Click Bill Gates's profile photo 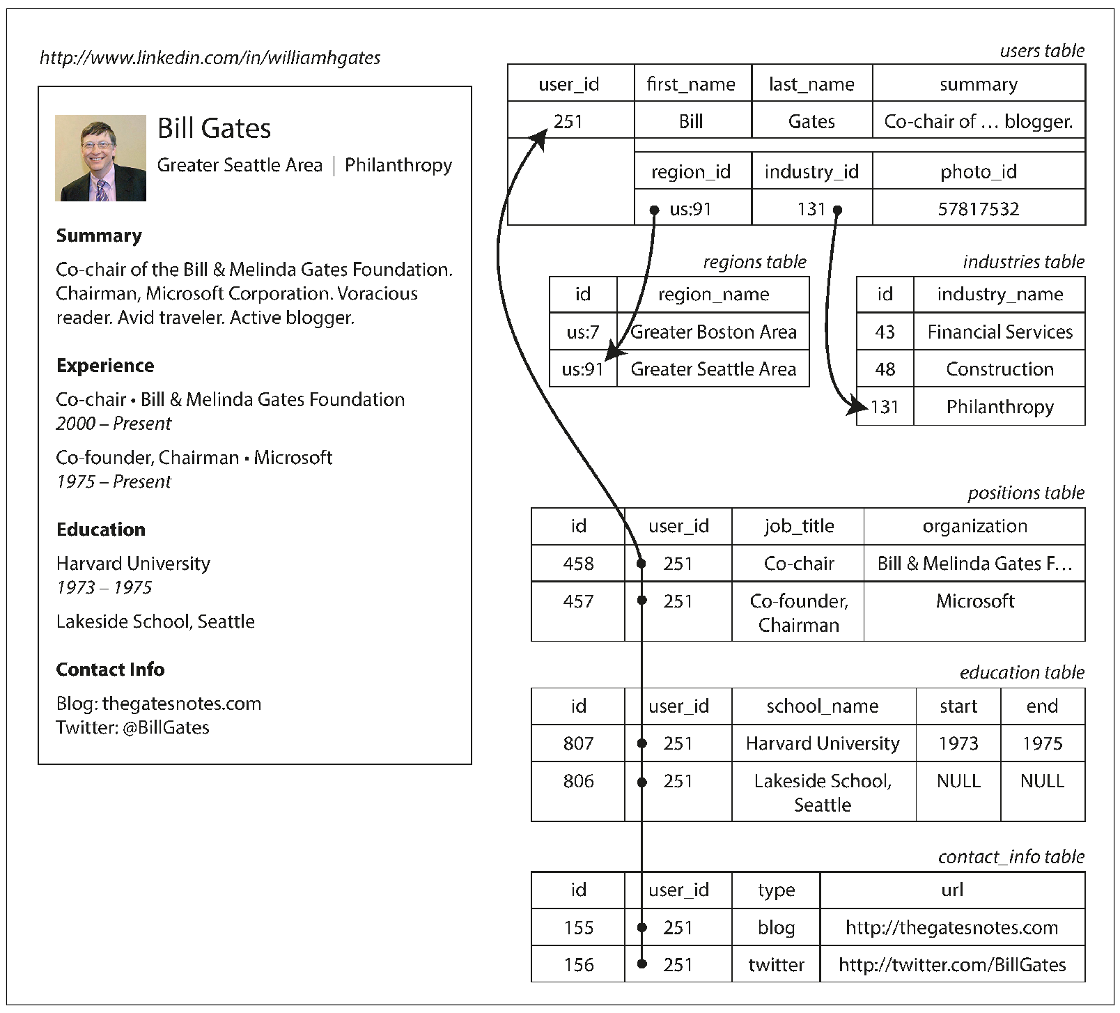[x=100, y=158]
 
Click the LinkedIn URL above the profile [x=210, y=58]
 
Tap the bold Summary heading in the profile [x=99, y=235]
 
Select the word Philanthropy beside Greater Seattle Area [x=398, y=165]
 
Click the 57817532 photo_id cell [x=978, y=209]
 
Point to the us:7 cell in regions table [x=582, y=332]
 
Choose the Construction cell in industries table [x=999, y=369]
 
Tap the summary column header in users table [x=978, y=84]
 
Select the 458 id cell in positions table [x=578, y=564]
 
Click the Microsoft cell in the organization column [x=974, y=601]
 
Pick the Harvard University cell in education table [x=823, y=743]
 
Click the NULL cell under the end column [x=1042, y=781]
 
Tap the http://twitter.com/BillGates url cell [x=951, y=965]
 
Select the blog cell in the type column [x=776, y=928]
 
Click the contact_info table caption [x=1011, y=857]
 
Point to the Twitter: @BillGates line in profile [x=132, y=727]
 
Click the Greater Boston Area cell [x=713, y=332]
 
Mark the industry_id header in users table [x=811, y=172]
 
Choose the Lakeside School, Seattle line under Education [x=155, y=621]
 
